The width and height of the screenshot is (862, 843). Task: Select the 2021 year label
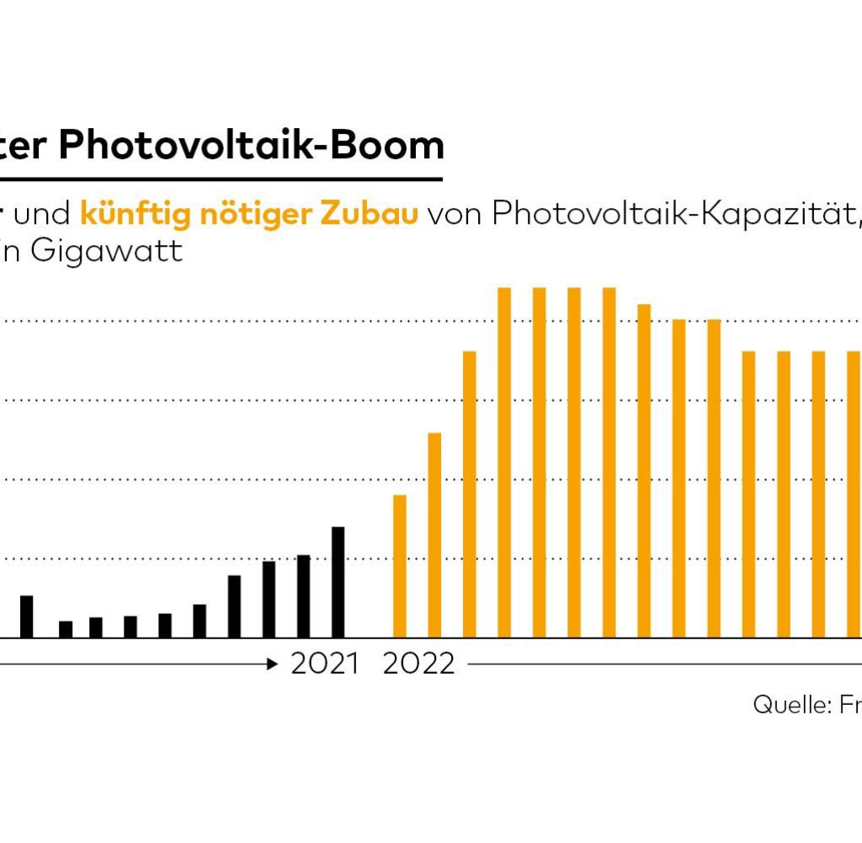325,664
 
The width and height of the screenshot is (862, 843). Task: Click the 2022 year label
418,664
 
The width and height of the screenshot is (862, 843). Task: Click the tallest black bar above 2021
338,582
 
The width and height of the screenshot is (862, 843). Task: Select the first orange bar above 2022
400,566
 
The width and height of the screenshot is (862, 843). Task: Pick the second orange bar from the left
434,535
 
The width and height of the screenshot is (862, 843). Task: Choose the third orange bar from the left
470,494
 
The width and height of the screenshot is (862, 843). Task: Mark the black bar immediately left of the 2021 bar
304,596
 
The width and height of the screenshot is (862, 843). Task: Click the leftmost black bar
26,616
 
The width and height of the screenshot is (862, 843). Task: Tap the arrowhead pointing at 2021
272,664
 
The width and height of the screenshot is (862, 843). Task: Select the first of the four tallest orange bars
504,462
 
